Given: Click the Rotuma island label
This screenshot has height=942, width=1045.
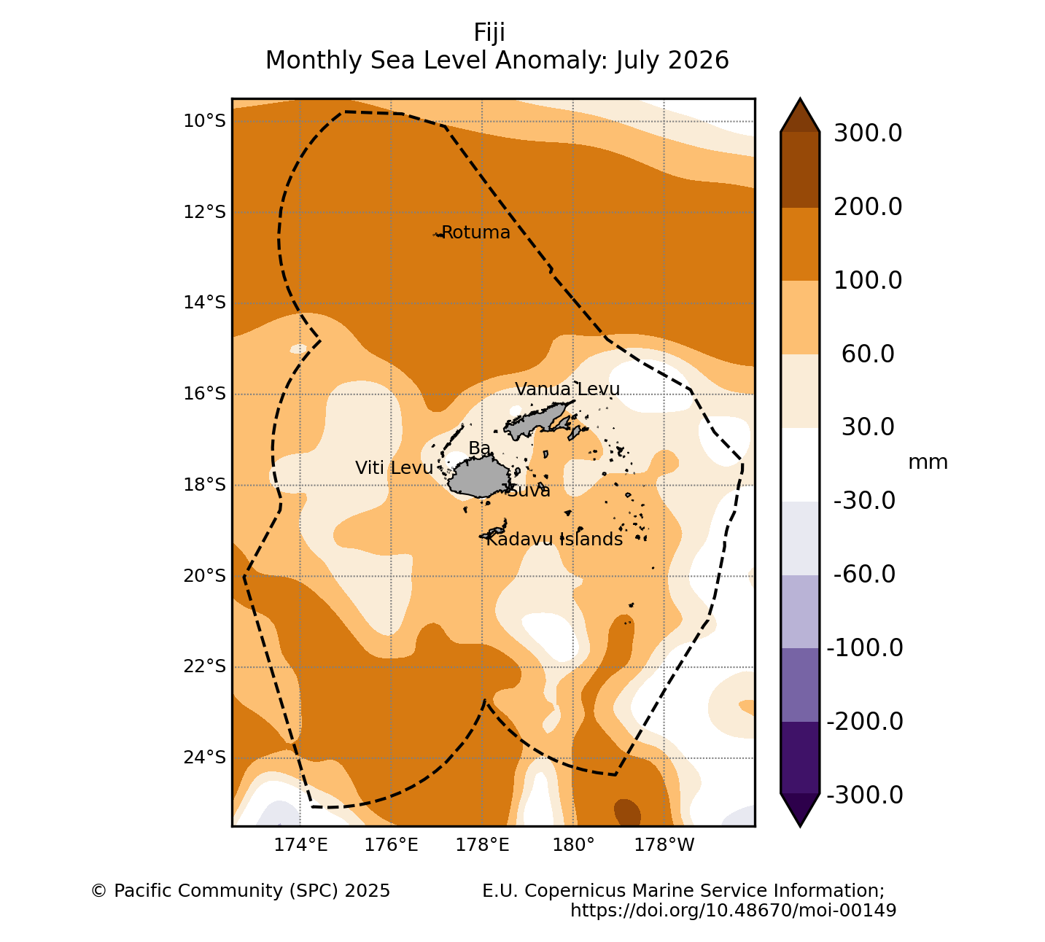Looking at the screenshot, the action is click(475, 233).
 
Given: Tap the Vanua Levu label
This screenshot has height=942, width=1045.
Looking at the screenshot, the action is click(567, 389).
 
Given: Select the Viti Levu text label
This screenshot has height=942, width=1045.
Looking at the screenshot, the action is click(394, 468).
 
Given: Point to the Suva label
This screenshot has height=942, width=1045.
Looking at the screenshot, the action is click(528, 491).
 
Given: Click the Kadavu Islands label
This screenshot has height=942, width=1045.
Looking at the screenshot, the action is click(554, 540).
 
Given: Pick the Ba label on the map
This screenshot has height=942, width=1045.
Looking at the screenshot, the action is click(479, 448).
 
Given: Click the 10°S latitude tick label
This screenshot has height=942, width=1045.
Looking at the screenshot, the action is click(205, 121).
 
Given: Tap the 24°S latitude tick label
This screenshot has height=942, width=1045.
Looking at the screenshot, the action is click(205, 758).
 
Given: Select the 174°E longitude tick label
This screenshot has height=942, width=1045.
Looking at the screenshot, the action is click(300, 845).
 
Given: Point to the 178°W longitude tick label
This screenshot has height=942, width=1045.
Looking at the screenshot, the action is click(664, 845).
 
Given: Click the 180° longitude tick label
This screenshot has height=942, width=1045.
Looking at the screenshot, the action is click(573, 845).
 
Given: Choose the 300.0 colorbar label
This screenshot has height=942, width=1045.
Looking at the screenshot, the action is click(868, 133).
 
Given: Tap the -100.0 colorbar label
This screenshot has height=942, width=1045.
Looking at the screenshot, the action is click(865, 648).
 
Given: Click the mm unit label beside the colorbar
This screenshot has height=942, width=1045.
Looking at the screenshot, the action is click(928, 462).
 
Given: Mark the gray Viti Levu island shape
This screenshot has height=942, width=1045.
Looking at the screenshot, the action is click(479, 477).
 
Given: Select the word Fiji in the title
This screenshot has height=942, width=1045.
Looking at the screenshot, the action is click(489, 33).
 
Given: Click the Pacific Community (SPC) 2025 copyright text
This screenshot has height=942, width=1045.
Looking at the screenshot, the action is click(241, 891).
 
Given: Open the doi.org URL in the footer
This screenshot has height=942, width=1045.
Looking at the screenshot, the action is click(734, 910).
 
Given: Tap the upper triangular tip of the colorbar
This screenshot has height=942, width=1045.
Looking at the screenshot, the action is click(800, 98).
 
